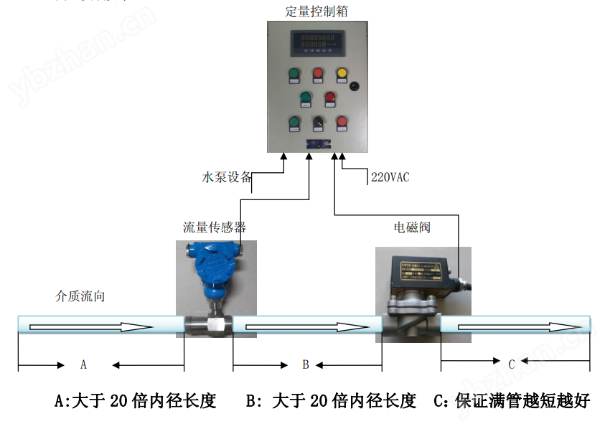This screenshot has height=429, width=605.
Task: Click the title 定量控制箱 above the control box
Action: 317,10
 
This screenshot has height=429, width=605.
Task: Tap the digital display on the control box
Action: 317,41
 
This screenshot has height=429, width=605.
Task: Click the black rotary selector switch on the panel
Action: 317,123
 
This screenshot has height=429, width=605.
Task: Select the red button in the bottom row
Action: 342,123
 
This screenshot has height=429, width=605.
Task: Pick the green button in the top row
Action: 293,73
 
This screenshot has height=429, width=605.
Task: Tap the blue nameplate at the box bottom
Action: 317,143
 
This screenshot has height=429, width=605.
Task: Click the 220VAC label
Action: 390,177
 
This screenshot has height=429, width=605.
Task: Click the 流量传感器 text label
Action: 214,227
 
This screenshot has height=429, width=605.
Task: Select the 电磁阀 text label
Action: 412,227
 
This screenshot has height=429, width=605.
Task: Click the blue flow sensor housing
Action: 212,273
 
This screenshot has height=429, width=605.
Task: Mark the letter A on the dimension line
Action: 83,365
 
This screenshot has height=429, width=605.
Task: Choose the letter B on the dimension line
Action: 305,365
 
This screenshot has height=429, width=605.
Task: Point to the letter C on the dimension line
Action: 512,364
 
